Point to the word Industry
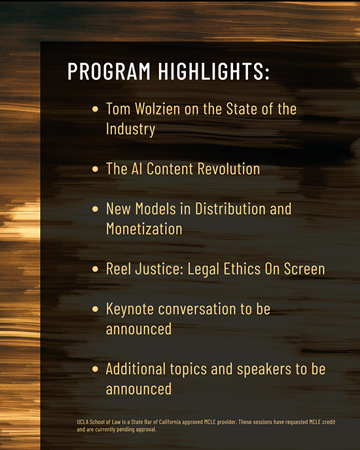130,129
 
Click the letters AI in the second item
135,169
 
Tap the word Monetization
144,230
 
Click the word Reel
120,269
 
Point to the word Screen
304,269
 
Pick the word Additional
134,369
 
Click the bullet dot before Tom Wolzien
96,109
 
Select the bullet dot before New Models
96,209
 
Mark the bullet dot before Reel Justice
96,269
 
